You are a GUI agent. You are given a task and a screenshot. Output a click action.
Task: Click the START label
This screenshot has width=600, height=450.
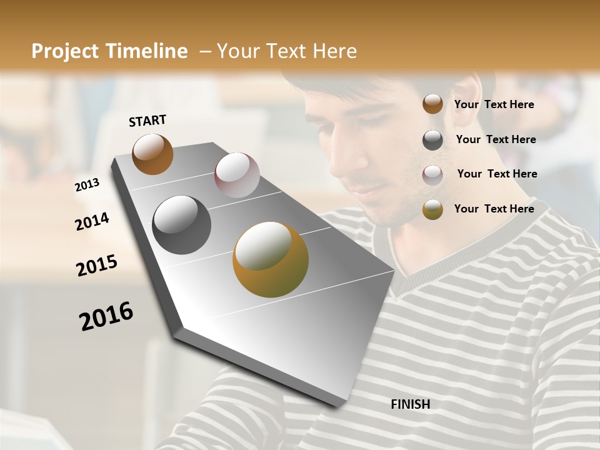pos(147,121)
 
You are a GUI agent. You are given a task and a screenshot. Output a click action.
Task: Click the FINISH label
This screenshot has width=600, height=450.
pos(411,404)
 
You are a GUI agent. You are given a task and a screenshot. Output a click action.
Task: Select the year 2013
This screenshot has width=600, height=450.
pos(87,185)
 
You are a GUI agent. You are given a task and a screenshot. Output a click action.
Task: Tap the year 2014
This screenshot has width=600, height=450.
pos(92,221)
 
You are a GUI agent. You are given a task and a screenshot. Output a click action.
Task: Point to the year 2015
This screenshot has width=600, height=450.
pos(97,266)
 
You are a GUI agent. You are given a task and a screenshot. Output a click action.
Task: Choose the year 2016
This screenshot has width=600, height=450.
pos(106,316)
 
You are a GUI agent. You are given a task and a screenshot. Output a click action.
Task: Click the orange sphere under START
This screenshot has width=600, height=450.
pos(152,154)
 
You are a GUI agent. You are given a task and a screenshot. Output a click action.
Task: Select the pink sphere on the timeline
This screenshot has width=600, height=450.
pos(237,175)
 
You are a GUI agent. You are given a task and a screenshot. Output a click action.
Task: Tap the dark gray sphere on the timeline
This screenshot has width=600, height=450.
pos(182,225)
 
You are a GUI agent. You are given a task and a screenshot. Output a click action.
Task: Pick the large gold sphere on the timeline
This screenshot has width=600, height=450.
pos(271,259)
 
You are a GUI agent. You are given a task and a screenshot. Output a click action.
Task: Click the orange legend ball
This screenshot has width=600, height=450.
pos(432,104)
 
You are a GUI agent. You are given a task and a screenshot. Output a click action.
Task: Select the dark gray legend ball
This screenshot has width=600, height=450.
pos(432,140)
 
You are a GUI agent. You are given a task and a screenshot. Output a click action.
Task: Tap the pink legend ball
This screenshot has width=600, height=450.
pos(432,175)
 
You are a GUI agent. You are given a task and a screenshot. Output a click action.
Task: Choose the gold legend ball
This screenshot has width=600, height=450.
pos(432,209)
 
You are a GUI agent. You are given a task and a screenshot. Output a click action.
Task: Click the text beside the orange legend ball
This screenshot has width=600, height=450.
pos(494,104)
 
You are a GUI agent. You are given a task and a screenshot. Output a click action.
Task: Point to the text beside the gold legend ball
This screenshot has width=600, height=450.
pos(494,209)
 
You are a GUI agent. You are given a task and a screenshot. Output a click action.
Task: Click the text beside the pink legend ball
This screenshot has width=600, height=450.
pos(497,174)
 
